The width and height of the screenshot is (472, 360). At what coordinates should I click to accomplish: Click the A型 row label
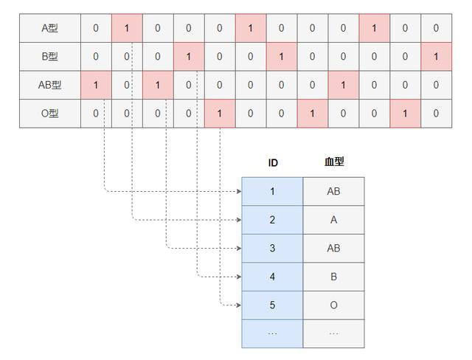point(49,28)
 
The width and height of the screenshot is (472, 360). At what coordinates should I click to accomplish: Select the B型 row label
point(49,57)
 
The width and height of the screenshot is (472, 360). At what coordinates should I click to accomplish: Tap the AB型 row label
point(49,85)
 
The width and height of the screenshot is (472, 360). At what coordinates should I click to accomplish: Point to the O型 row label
point(49,114)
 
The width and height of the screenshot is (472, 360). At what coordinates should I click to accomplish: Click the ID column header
point(272,162)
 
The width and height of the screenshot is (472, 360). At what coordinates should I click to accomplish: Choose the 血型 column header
point(333,162)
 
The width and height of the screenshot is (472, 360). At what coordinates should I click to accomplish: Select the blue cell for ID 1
point(272,192)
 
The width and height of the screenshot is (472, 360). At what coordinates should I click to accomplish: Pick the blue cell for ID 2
point(272,220)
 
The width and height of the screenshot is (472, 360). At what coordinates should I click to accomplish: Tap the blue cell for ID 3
point(272,249)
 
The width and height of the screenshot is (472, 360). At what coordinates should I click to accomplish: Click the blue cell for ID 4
point(272,277)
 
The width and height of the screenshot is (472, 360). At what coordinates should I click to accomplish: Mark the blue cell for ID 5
point(272,305)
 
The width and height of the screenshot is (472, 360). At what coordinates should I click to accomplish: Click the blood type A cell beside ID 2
point(333,220)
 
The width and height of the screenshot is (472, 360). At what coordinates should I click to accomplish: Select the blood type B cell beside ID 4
point(333,277)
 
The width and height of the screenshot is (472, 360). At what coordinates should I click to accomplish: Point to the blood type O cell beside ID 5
point(333,305)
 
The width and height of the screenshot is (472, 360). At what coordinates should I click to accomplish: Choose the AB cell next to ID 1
point(333,192)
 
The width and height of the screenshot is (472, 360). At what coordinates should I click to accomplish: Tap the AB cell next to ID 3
point(333,249)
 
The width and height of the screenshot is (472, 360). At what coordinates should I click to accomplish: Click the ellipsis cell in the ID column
point(272,333)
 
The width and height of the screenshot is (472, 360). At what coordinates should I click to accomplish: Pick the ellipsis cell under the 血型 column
point(333,333)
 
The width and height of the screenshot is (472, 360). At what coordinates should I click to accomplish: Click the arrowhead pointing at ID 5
point(238,305)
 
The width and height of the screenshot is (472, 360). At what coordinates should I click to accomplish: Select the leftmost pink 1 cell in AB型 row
point(96,85)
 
